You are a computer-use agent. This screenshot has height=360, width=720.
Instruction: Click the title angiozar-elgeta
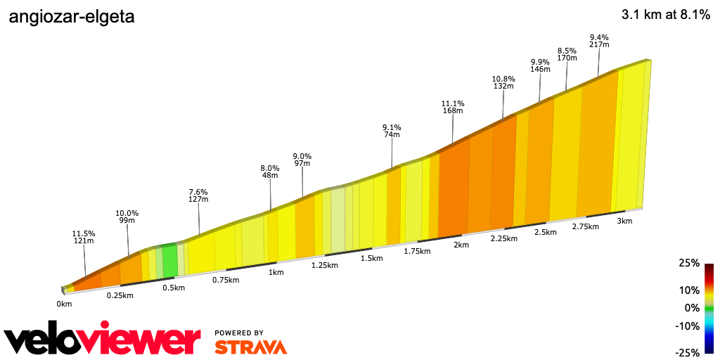pyautogui.click(x=71, y=18)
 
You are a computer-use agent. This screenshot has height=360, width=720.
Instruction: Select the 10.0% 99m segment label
pyautogui.click(x=127, y=217)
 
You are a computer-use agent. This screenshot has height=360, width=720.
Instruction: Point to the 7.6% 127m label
pyautogui.click(x=198, y=195)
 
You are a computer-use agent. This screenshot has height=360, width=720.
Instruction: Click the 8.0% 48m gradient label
pyautogui.click(x=270, y=172)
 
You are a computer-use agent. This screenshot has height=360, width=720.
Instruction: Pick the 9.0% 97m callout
pyautogui.click(x=302, y=160)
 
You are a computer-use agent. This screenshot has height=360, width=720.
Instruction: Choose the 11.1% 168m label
pyautogui.click(x=452, y=106)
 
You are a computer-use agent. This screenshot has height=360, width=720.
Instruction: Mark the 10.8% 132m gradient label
pyautogui.click(x=503, y=82)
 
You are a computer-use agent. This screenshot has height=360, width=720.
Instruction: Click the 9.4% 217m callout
pyautogui.click(x=599, y=41)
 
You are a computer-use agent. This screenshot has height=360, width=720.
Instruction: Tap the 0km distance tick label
pyautogui.click(x=64, y=304)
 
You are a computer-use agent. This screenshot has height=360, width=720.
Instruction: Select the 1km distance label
pyautogui.click(x=276, y=272)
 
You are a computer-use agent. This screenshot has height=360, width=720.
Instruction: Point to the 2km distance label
pyautogui.click(x=461, y=245)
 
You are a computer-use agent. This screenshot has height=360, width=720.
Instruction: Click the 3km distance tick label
pyautogui.click(x=624, y=221)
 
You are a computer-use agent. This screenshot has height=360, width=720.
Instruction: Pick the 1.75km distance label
pyautogui.click(x=417, y=251)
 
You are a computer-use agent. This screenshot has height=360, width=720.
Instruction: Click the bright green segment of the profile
pyautogui.click(x=169, y=260)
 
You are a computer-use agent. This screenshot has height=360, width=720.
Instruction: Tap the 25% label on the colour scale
pyautogui.click(x=689, y=263)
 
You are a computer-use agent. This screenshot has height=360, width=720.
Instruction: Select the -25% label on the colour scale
pyautogui.click(x=687, y=352)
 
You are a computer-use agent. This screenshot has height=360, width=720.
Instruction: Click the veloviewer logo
pyautogui.click(x=103, y=340)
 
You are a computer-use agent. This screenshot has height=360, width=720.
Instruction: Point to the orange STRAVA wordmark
pyautogui.click(x=250, y=347)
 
